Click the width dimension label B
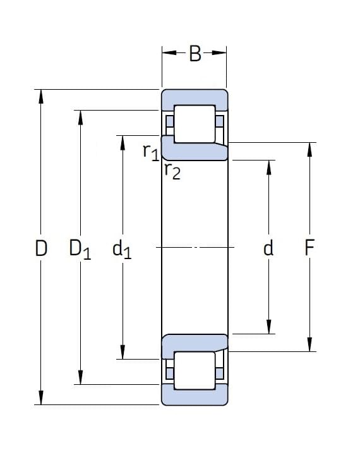click(195, 54)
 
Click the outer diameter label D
click(41, 248)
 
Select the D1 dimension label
click(80, 249)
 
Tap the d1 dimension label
click(122, 250)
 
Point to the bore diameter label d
click(268, 248)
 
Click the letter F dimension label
click(309, 248)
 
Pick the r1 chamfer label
click(151, 152)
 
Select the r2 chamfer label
click(172, 171)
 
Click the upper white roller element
click(195, 124)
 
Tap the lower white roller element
click(195, 370)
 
